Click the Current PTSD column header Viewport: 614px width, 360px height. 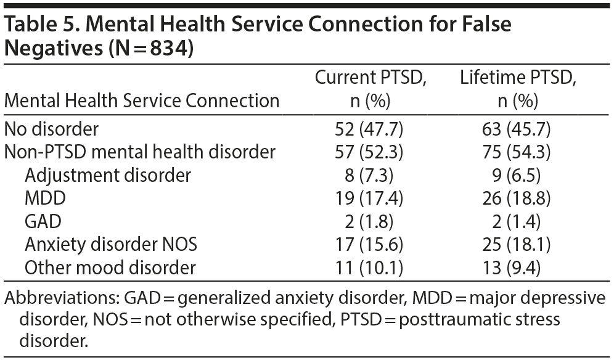click(370, 89)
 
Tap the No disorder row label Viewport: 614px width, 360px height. click(51, 129)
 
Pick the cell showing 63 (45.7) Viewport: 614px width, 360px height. click(517, 129)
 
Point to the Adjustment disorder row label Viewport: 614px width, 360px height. click(108, 175)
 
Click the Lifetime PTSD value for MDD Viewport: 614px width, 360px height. click(517, 198)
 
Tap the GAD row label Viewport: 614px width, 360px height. click(43, 221)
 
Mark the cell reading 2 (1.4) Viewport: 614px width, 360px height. click(517, 221)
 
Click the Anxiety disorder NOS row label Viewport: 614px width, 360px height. click(111, 245)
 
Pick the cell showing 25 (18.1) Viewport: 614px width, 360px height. click(517, 245)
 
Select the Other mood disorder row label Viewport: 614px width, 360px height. click(110, 268)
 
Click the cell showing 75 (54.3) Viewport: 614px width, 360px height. click(517, 152)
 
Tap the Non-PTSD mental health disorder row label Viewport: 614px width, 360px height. click(140, 152)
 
